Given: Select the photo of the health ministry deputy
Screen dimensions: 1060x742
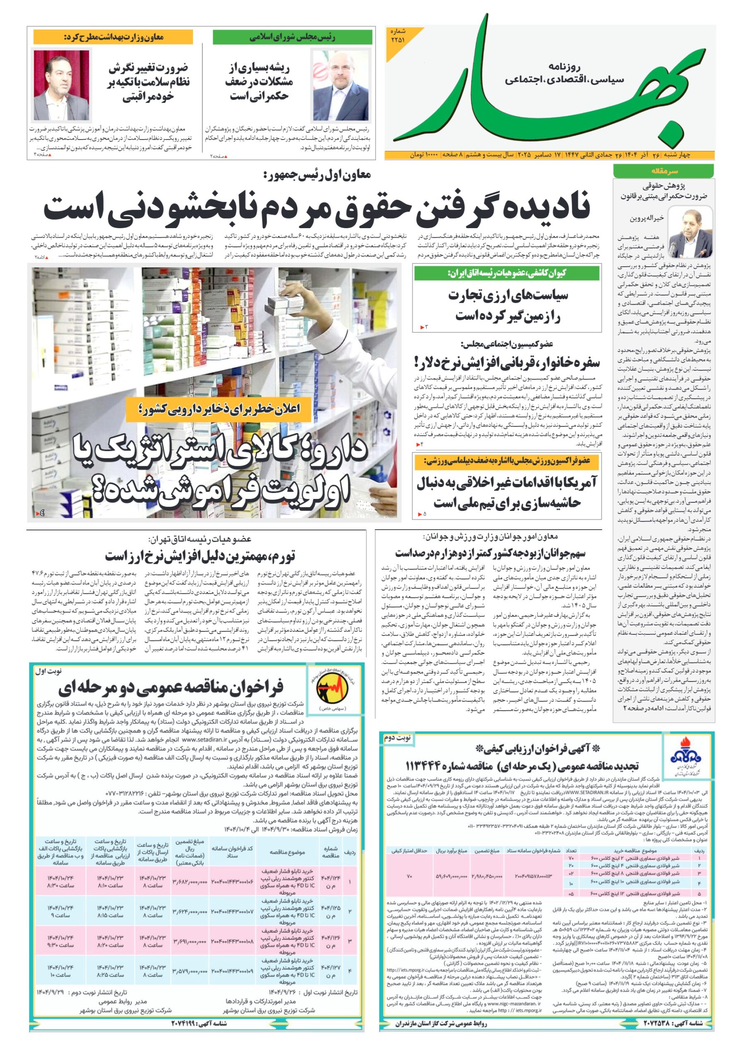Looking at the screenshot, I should click(61, 85).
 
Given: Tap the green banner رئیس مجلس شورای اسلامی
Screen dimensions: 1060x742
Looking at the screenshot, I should click(292, 37).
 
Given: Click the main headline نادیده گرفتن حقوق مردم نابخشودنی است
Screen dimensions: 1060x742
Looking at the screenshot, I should click(316, 208).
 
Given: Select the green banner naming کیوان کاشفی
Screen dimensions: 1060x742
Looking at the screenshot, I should click(506, 273).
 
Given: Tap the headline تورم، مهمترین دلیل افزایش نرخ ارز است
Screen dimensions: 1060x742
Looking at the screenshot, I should click(200, 555).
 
